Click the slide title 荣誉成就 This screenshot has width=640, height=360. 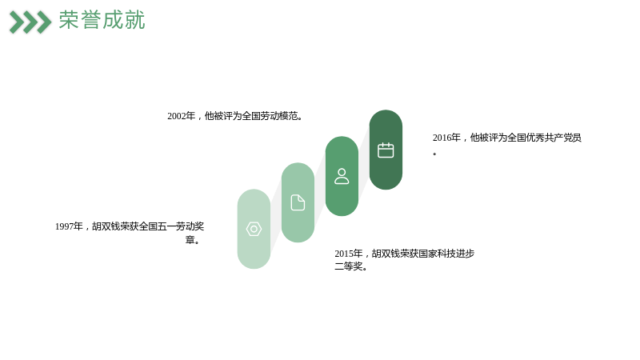[x=102, y=20]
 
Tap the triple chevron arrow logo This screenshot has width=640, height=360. [x=30, y=22]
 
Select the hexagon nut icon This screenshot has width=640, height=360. [x=254, y=229]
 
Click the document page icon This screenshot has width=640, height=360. [x=298, y=202]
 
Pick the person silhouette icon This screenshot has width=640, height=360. [x=342, y=176]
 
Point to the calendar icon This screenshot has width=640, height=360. [x=386, y=150]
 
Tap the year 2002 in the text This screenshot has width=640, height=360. [x=177, y=116]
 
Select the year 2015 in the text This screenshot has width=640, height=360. [x=344, y=254]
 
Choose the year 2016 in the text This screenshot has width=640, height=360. [x=442, y=138]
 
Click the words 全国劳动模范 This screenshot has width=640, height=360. [x=270, y=116]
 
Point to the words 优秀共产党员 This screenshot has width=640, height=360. [x=554, y=138]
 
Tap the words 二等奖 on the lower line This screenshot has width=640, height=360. [x=349, y=266]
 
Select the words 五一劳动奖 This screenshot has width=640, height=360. [x=181, y=226]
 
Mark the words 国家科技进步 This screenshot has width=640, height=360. [x=446, y=254]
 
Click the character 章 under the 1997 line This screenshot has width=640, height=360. [x=190, y=239]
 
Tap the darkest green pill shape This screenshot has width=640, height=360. [x=386, y=150]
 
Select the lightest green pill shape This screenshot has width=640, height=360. [x=254, y=229]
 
